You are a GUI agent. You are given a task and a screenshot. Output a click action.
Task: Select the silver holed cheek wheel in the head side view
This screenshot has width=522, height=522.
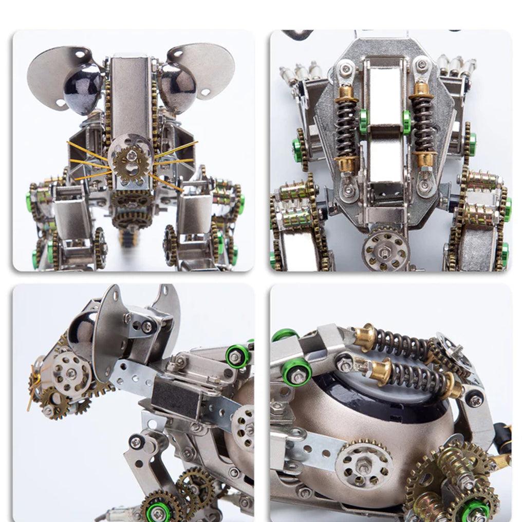point(71,372)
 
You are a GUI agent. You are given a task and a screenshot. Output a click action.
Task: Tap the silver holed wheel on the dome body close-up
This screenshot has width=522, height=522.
point(364,464)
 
